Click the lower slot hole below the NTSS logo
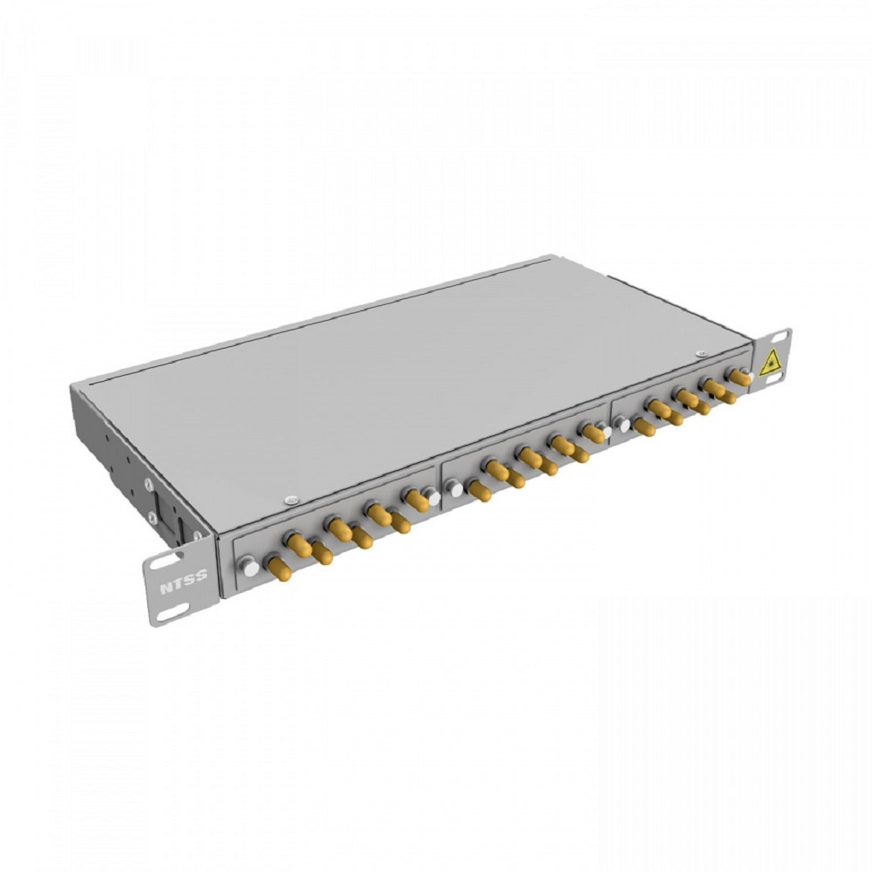point(170,615)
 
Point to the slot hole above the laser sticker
point(780,338)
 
